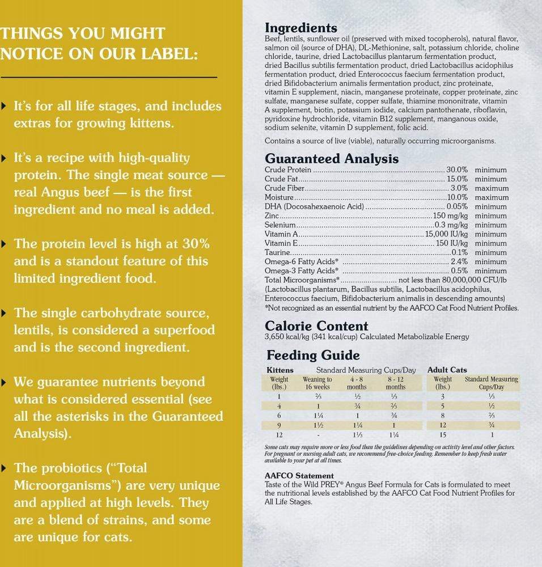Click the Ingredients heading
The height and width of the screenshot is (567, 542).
pos(301,28)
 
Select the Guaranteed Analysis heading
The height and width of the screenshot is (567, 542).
pos(332,159)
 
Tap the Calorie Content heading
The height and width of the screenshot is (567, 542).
pos(316,326)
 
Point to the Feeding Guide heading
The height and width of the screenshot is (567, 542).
pos(313,356)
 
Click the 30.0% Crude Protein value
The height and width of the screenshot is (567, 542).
pos(457,170)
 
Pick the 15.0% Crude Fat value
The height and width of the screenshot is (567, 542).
pos(457,179)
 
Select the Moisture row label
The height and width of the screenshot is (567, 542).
pos(280,197)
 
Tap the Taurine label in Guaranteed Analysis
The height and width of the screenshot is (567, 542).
pos(277,252)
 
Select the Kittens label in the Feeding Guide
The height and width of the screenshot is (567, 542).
pos(280,370)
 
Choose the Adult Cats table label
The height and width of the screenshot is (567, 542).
pos(447,370)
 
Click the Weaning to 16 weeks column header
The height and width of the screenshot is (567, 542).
pos(317,383)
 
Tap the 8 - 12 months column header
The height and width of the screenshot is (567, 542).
pos(396,383)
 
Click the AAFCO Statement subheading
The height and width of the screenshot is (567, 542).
pos(299,476)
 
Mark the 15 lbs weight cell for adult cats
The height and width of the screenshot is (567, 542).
pos(442,434)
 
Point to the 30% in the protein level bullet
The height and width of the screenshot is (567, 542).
pos(195,244)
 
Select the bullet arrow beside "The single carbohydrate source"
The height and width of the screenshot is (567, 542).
pos(5,313)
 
